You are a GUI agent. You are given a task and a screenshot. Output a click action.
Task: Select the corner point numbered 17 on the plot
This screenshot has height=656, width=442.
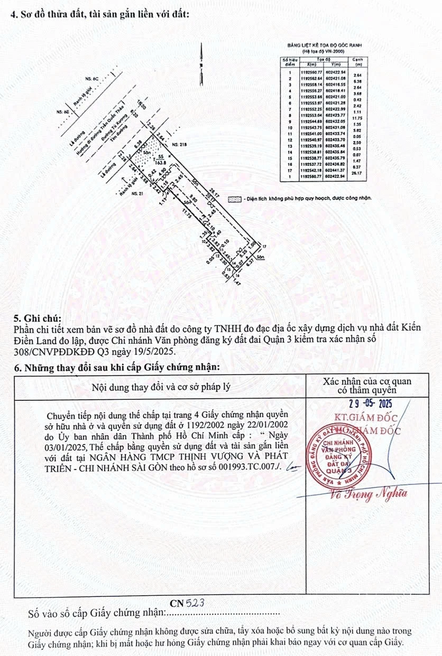[263, 247]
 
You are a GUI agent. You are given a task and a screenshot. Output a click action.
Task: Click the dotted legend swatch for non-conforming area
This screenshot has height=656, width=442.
[233, 199]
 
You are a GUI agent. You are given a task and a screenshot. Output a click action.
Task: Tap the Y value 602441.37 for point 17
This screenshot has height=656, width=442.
[336, 170]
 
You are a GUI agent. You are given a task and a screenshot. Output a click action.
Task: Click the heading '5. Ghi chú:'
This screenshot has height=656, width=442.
[37, 318]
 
